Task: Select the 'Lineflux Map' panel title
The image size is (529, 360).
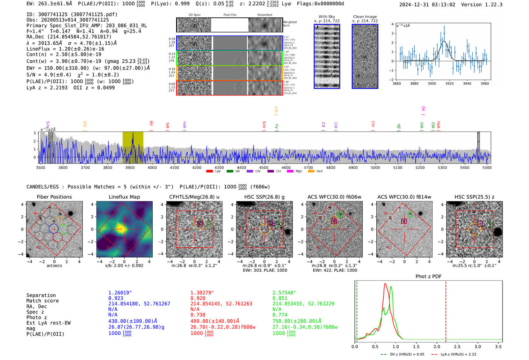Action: point(124,197)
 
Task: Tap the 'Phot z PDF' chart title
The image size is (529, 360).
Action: point(428,277)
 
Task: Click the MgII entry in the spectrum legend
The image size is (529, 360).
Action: point(299,172)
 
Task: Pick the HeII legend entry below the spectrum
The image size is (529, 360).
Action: point(319,172)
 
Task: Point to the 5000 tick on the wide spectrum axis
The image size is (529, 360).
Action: point(375,167)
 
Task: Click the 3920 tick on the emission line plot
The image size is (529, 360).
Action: point(449,83)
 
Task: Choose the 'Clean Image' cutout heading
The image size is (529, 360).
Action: point(365,17)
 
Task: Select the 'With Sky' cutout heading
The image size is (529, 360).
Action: point(326,17)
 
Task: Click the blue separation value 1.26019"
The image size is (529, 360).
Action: point(120,293)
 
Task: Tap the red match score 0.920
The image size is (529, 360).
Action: point(198,298)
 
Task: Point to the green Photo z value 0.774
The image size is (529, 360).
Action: point(280,315)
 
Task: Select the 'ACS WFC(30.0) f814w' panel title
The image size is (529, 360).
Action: point(404,197)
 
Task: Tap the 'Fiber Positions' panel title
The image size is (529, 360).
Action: point(54,197)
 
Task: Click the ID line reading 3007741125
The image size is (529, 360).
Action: point(72,14)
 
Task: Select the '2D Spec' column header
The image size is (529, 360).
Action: point(194,15)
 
